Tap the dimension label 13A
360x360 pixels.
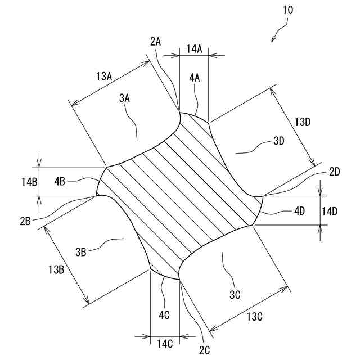click(x=105, y=75)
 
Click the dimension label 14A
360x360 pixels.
click(x=193, y=49)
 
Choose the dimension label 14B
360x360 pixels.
click(x=29, y=181)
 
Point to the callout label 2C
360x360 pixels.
click(x=204, y=351)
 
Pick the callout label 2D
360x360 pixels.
click(x=336, y=172)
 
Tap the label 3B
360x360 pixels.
click(x=81, y=251)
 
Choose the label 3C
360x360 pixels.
click(x=235, y=293)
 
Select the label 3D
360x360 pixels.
click(x=279, y=141)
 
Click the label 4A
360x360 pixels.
click(x=194, y=79)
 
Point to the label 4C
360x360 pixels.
click(x=164, y=315)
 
